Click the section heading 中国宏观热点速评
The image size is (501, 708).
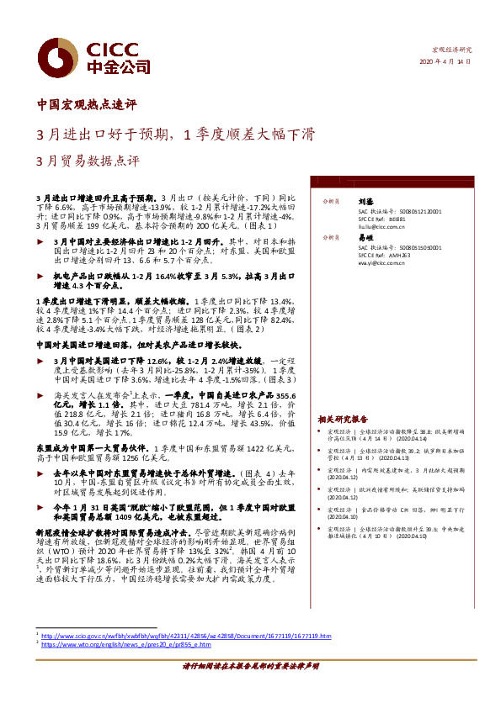point(87,106)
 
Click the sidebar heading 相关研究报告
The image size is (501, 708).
point(343,418)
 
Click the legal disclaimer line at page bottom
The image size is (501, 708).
point(250,689)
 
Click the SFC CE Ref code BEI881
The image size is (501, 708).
point(399,219)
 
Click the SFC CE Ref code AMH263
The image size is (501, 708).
point(401,256)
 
